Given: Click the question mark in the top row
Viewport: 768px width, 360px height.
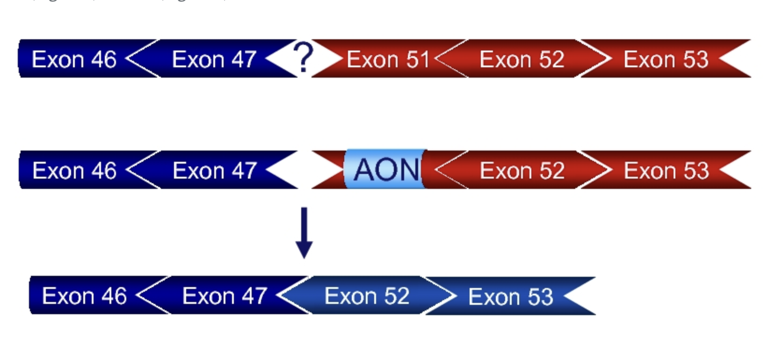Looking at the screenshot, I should pyautogui.click(x=304, y=57).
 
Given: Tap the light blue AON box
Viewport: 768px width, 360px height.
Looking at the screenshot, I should pyautogui.click(x=385, y=169).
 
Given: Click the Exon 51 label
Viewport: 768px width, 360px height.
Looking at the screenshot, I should pyautogui.click(x=387, y=59).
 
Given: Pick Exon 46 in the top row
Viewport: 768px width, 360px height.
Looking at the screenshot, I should pyautogui.click(x=74, y=59).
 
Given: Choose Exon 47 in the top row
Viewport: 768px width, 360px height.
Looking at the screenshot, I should pyautogui.click(x=214, y=59).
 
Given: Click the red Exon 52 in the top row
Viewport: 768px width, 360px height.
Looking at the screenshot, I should pyautogui.click(x=522, y=59).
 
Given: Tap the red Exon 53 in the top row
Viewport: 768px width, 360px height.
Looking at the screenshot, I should pyautogui.click(x=666, y=59).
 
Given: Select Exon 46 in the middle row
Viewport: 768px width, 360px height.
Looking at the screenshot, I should pyautogui.click(x=74, y=171).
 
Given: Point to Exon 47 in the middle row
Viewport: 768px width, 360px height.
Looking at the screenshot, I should pyautogui.click(x=214, y=171).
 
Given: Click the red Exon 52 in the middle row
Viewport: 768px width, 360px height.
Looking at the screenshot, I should pyautogui.click(x=522, y=171).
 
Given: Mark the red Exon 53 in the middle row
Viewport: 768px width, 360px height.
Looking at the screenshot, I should pyautogui.click(x=666, y=171).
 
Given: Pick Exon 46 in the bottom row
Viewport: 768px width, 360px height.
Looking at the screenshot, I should pyautogui.click(x=84, y=296).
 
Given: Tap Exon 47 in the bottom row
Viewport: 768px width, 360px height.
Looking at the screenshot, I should pyautogui.click(x=225, y=296).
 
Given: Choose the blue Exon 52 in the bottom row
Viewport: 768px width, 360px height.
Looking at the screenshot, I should pyautogui.click(x=367, y=296).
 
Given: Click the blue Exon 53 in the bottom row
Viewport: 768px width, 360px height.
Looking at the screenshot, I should pyautogui.click(x=510, y=297).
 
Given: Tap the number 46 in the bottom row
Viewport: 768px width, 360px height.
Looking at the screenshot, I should pyautogui.click(x=114, y=296).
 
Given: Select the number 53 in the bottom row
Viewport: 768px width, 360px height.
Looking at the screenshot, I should pyautogui.click(x=540, y=297).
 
